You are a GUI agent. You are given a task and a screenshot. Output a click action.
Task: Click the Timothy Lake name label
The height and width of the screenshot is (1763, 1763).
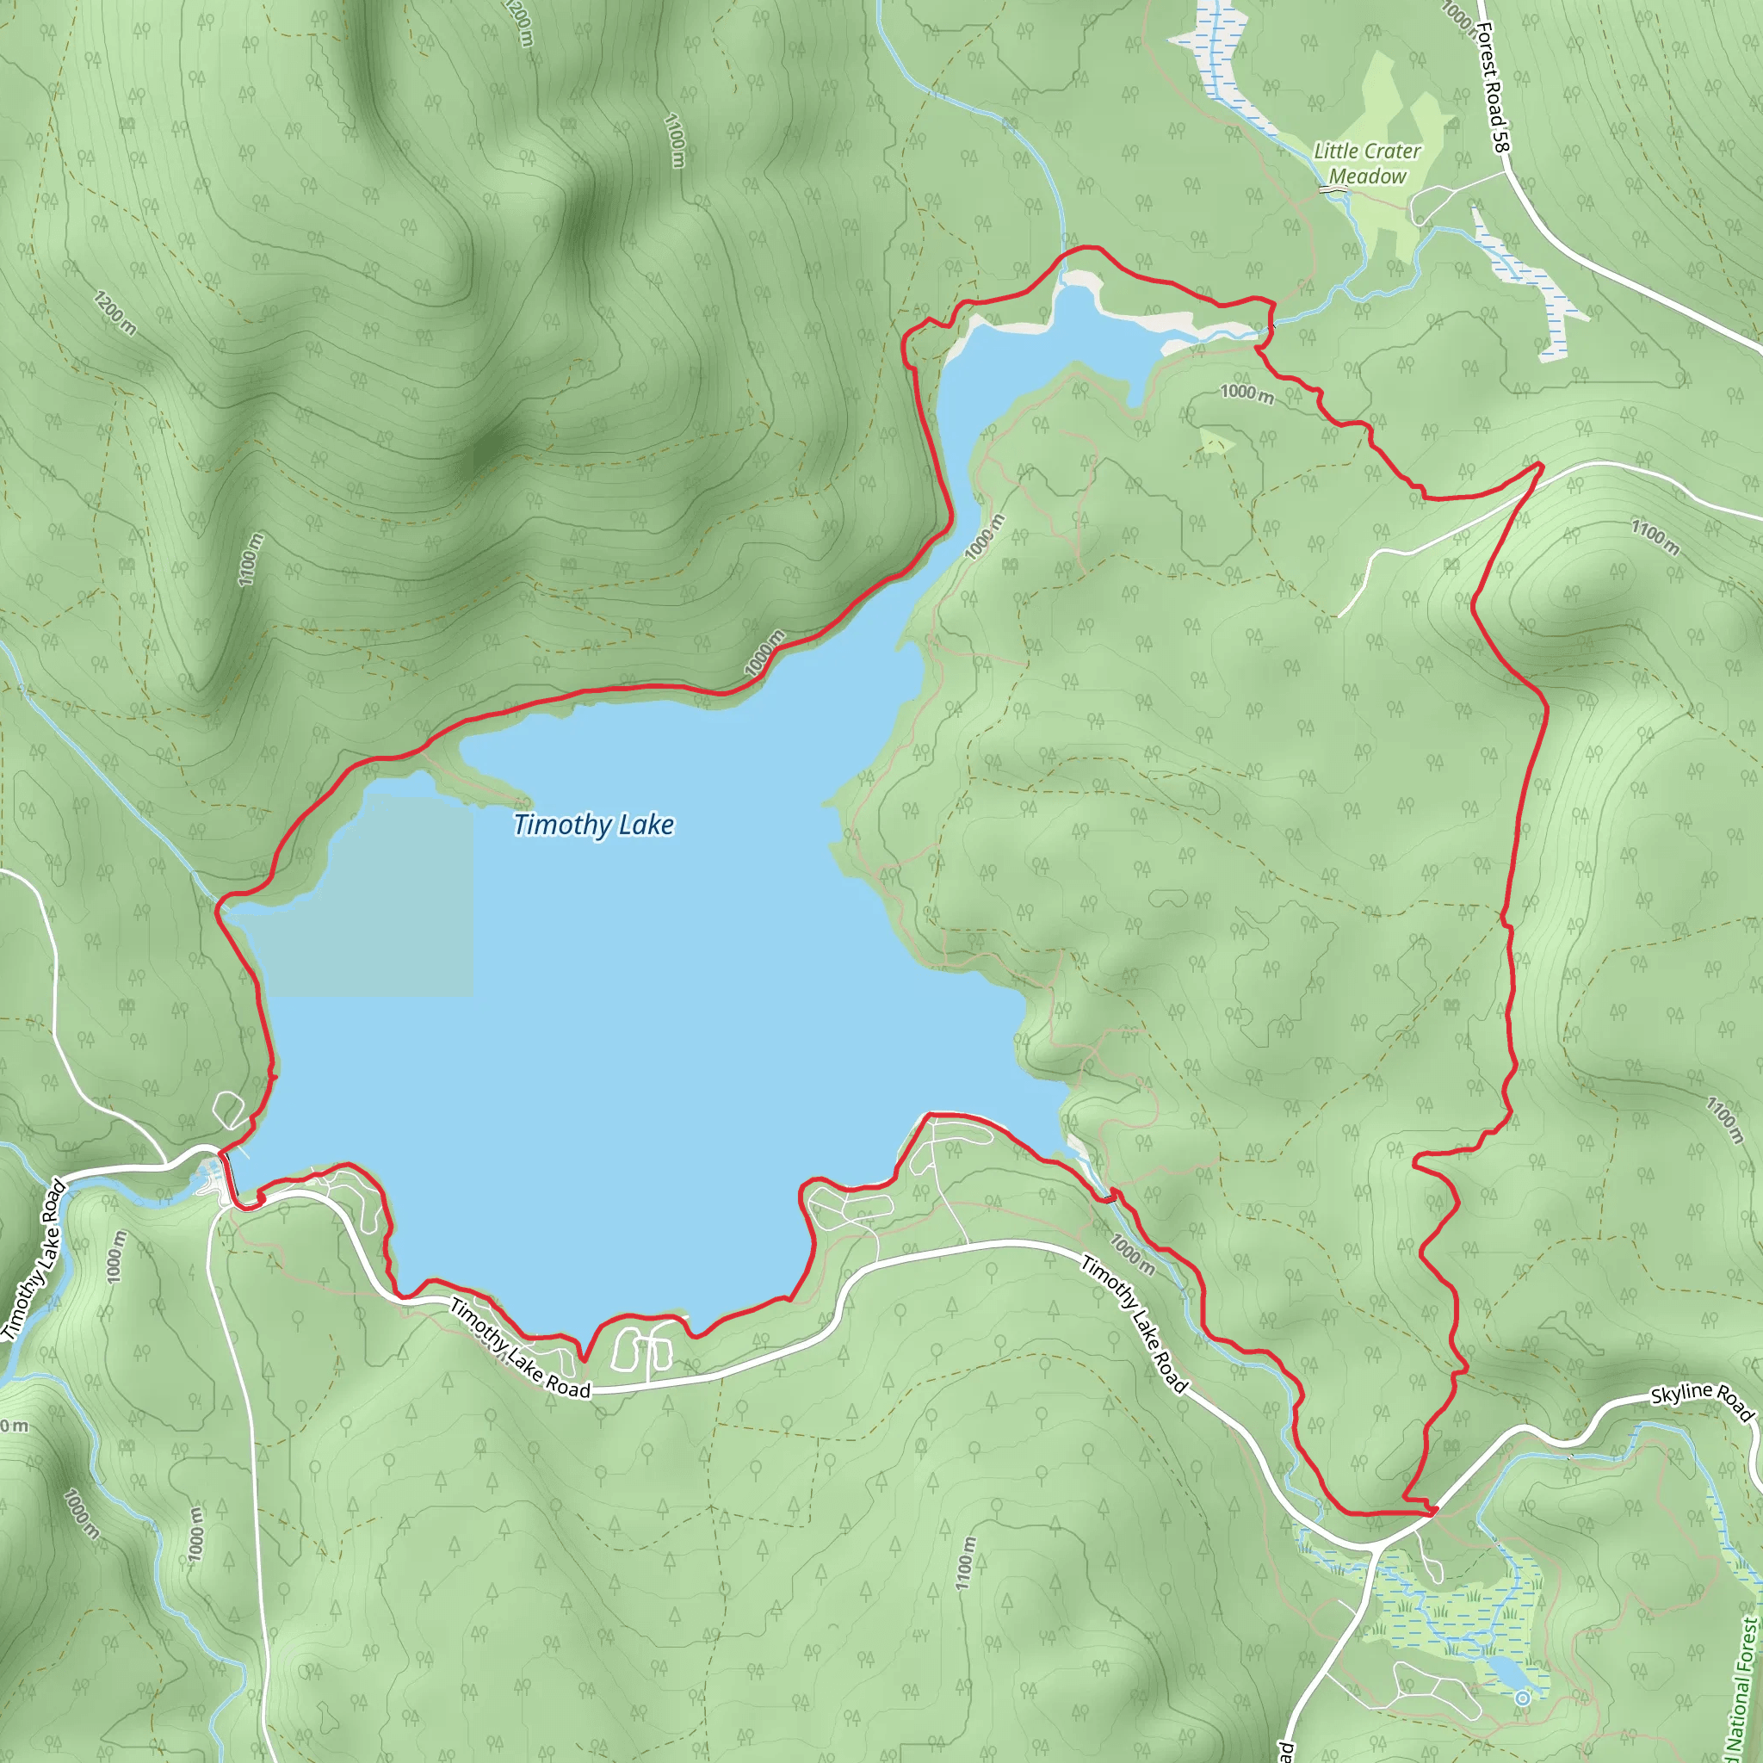(593, 825)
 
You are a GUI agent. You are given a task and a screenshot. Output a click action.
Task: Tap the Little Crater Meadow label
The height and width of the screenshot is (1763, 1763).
(1367, 164)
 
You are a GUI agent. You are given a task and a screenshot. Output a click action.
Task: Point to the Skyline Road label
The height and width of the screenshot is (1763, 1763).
(1702, 1401)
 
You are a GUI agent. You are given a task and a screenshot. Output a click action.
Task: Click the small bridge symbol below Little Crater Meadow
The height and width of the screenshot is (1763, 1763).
(1333, 188)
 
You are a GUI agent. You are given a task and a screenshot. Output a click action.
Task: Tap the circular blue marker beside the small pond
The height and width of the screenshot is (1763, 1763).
(1522, 1698)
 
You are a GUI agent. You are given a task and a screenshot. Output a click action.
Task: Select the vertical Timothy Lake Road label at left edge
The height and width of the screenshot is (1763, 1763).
(34, 1260)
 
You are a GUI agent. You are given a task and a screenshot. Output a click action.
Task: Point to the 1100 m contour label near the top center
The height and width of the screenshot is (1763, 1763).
(674, 139)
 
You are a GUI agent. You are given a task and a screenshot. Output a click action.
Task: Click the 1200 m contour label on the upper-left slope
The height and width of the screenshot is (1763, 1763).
(115, 313)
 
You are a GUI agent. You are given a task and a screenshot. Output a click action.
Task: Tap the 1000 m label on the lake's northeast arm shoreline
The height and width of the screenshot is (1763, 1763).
(984, 535)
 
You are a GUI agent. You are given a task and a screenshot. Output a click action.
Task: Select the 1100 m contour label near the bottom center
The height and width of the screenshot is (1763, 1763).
(966, 1562)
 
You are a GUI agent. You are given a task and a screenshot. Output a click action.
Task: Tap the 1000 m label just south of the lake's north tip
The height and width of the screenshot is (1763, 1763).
(1246, 393)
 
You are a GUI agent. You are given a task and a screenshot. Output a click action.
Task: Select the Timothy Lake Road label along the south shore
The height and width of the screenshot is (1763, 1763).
(520, 1349)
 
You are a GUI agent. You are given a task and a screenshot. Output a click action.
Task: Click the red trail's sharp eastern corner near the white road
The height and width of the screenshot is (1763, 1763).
(1540, 466)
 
